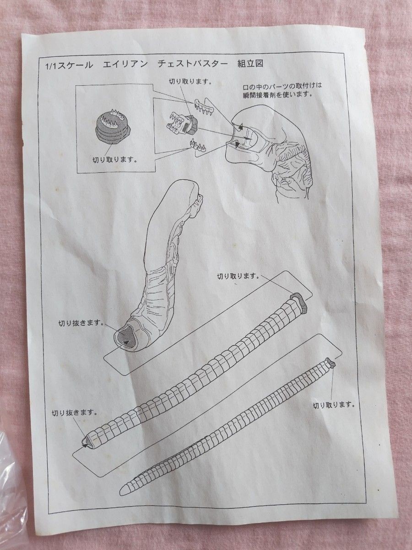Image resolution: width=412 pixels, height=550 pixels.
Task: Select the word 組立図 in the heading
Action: pyautogui.click(x=250, y=63)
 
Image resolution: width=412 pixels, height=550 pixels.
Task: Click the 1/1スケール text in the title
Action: pyautogui.click(x=69, y=66)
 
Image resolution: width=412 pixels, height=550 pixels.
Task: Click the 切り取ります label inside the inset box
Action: pyautogui.click(x=115, y=159)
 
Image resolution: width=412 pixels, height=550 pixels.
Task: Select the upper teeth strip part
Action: pyautogui.click(x=204, y=107)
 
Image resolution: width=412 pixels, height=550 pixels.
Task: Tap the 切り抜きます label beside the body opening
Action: pyautogui.click(x=81, y=323)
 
